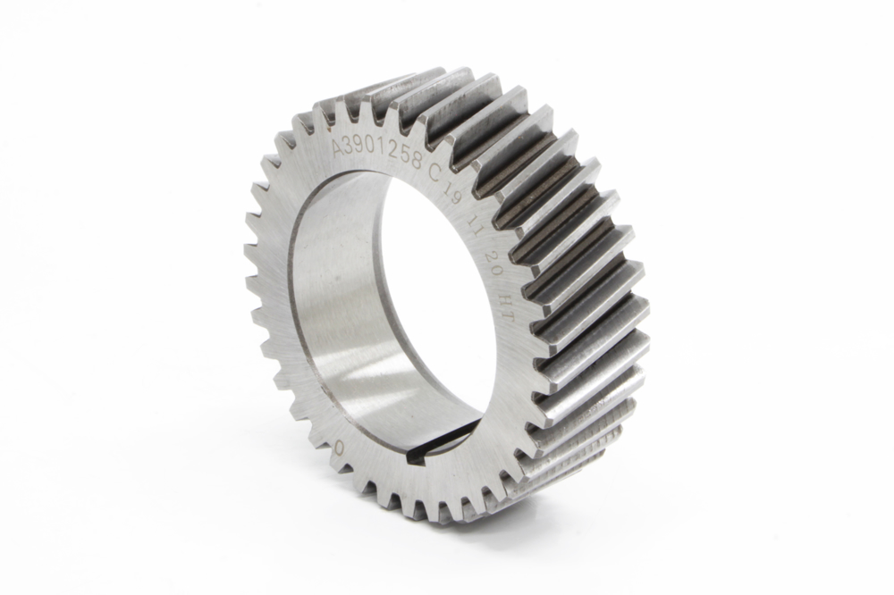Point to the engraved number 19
tap(454, 196)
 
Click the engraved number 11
tap(474, 222)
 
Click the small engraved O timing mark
tap(339, 447)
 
